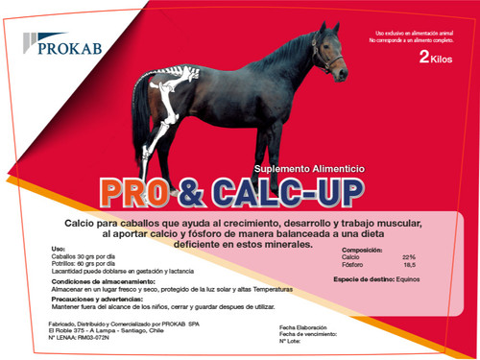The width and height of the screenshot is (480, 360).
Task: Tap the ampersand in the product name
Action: pyautogui.click(x=191, y=189)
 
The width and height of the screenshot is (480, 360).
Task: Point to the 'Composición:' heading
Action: pyautogui.click(x=365, y=249)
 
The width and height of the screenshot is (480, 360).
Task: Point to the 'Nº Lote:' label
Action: pyautogui.click(x=291, y=341)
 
